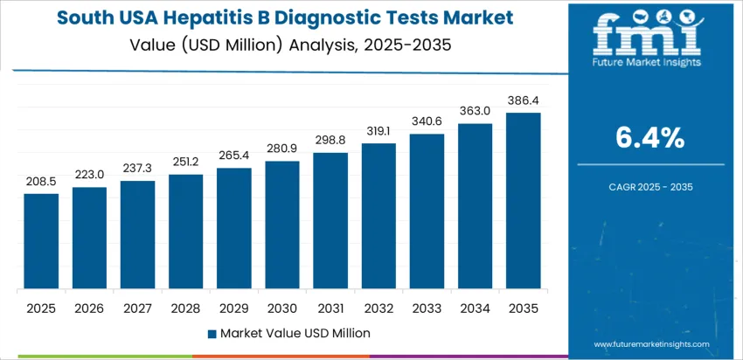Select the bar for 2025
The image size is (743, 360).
(41, 242)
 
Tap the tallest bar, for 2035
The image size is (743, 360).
(524, 201)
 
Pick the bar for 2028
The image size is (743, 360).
(186, 232)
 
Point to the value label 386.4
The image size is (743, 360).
(524, 100)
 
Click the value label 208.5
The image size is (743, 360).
(41, 182)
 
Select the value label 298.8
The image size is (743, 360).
(330, 141)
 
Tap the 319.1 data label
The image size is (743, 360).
(378, 131)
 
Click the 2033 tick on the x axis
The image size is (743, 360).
(427, 308)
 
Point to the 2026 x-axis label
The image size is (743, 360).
(89, 308)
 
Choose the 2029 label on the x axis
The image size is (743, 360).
(234, 308)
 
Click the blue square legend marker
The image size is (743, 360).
(212, 333)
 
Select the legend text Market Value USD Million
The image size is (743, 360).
(295, 333)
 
